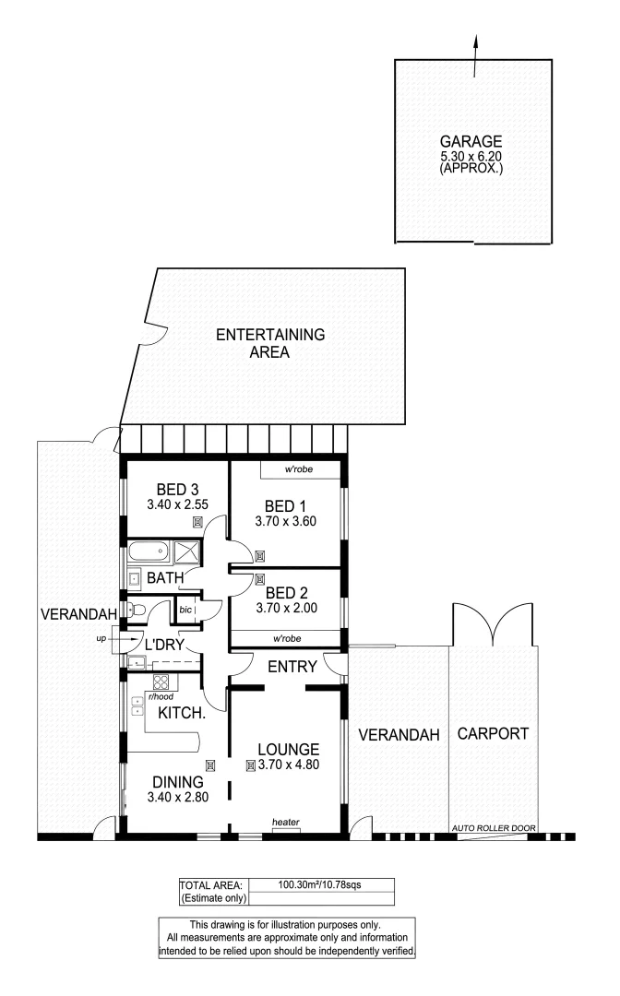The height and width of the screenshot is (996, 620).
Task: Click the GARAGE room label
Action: click(471, 141)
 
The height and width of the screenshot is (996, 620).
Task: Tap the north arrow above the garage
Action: click(474, 57)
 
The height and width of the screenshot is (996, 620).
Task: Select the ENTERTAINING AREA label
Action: click(270, 343)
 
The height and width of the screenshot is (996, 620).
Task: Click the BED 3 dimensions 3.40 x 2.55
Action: click(177, 505)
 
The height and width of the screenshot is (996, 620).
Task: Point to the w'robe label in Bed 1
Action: click(299, 469)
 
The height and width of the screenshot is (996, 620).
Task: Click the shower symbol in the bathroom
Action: click(186, 552)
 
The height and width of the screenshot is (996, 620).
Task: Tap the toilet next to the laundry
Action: click(136, 610)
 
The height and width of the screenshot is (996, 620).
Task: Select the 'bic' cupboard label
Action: click(185, 610)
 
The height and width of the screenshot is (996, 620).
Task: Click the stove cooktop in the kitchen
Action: click(161, 683)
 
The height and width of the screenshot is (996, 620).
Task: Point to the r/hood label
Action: click(161, 697)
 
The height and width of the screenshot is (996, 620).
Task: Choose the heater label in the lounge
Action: click(286, 822)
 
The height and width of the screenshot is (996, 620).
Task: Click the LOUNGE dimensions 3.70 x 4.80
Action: click(289, 765)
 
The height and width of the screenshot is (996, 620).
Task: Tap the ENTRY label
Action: click(292, 667)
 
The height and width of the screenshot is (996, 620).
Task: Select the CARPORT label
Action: click(493, 734)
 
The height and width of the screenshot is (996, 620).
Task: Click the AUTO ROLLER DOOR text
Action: click(494, 828)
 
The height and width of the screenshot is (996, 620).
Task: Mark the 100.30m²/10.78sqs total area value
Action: click(319, 884)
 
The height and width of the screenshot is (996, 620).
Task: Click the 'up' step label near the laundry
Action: click(101, 638)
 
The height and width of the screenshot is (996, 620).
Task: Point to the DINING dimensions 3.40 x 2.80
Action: click(178, 797)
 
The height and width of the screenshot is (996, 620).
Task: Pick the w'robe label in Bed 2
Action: click(287, 638)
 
